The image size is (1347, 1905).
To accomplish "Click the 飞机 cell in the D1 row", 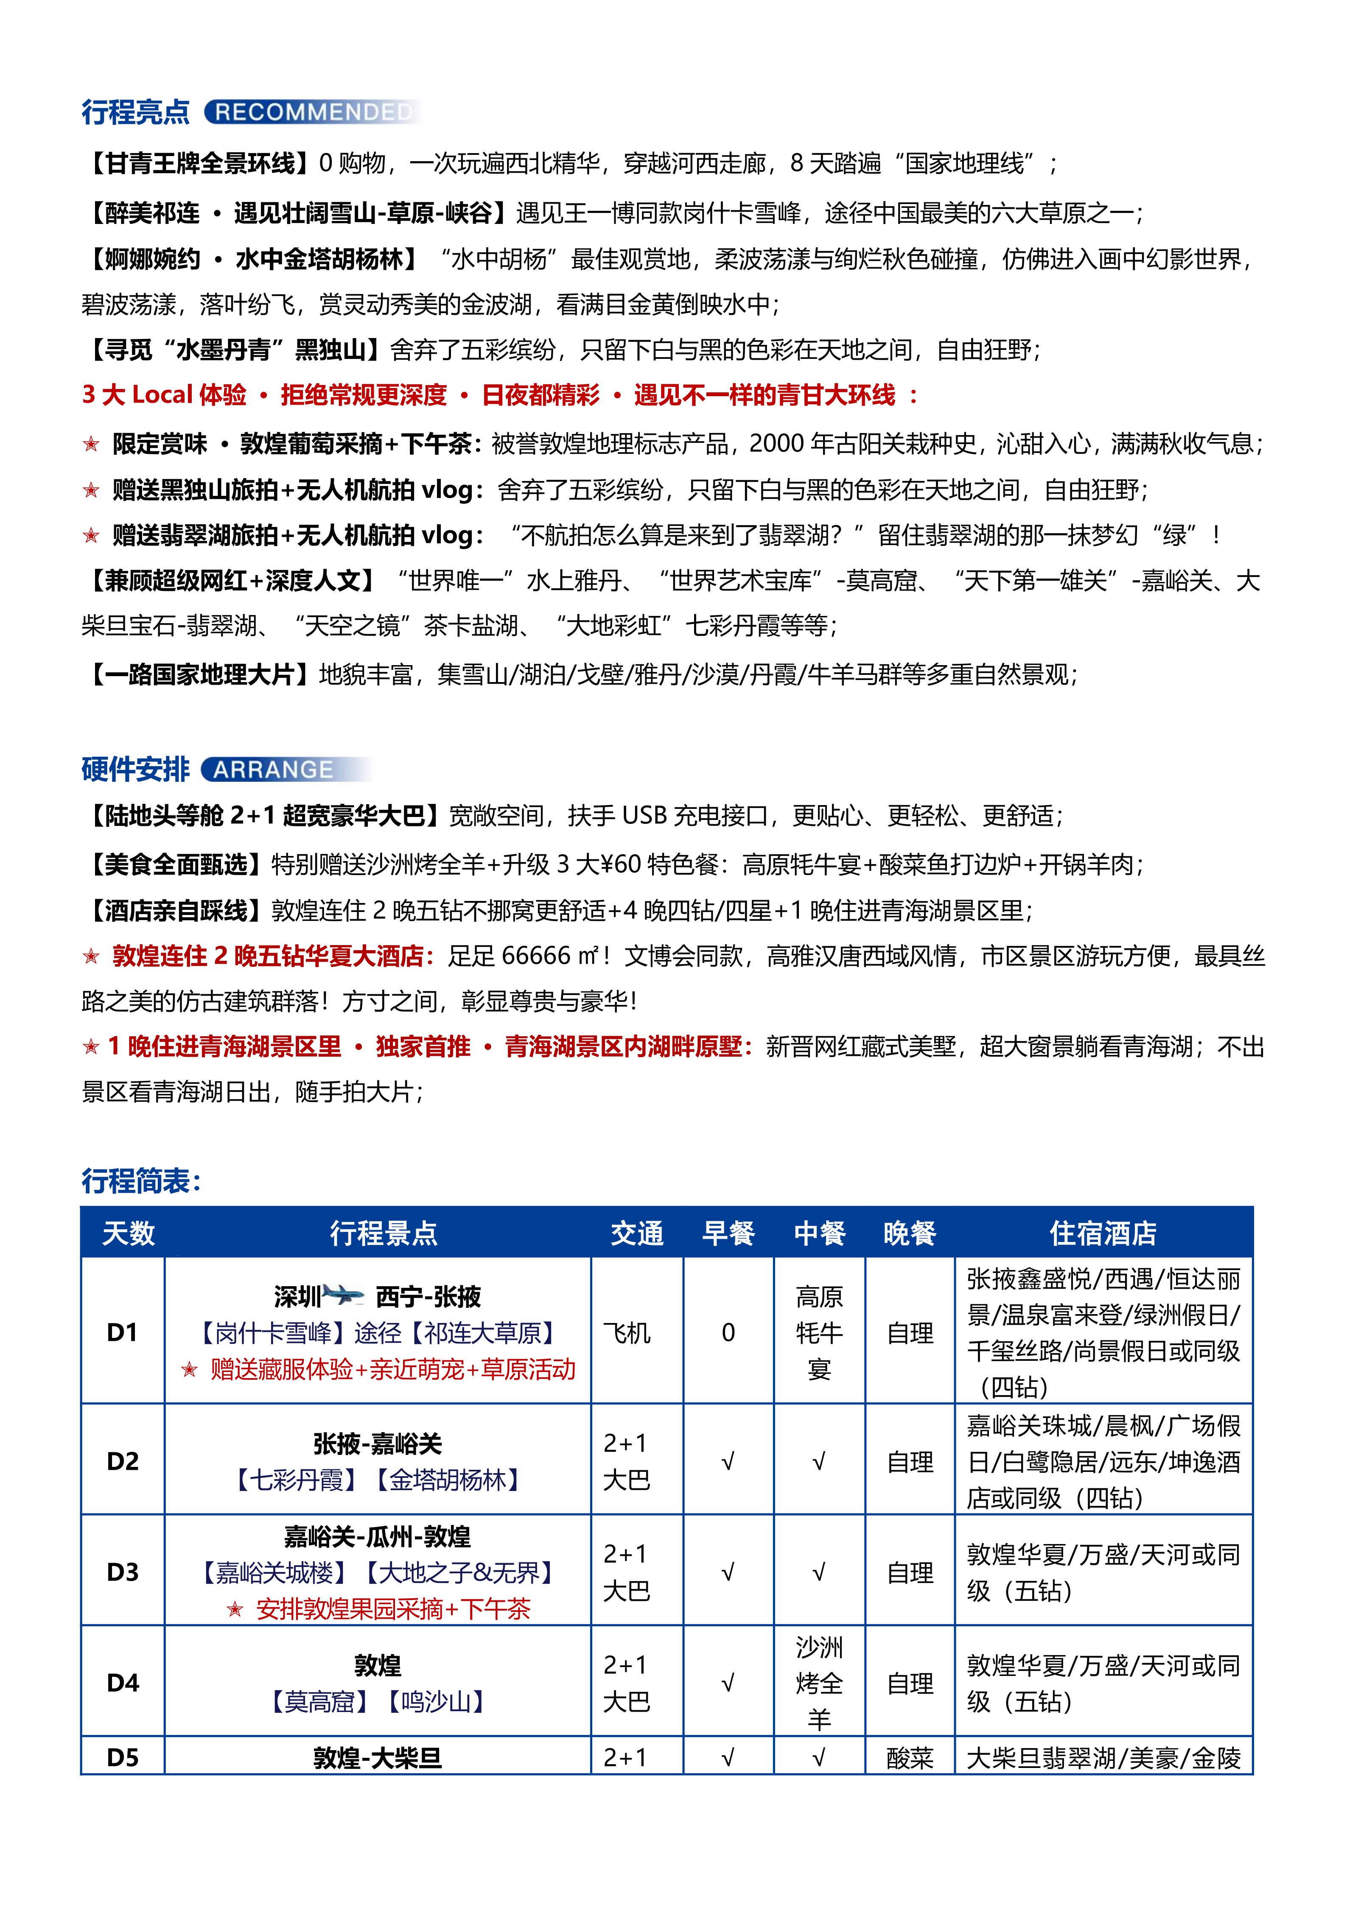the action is tap(627, 1332).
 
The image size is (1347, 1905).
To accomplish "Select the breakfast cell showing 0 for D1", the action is tap(728, 1332).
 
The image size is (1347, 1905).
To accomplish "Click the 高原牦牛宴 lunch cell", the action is tap(819, 1332).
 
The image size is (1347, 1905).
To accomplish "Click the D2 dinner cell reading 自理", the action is tap(910, 1461).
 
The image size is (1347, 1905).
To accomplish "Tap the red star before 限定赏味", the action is tap(91, 445).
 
